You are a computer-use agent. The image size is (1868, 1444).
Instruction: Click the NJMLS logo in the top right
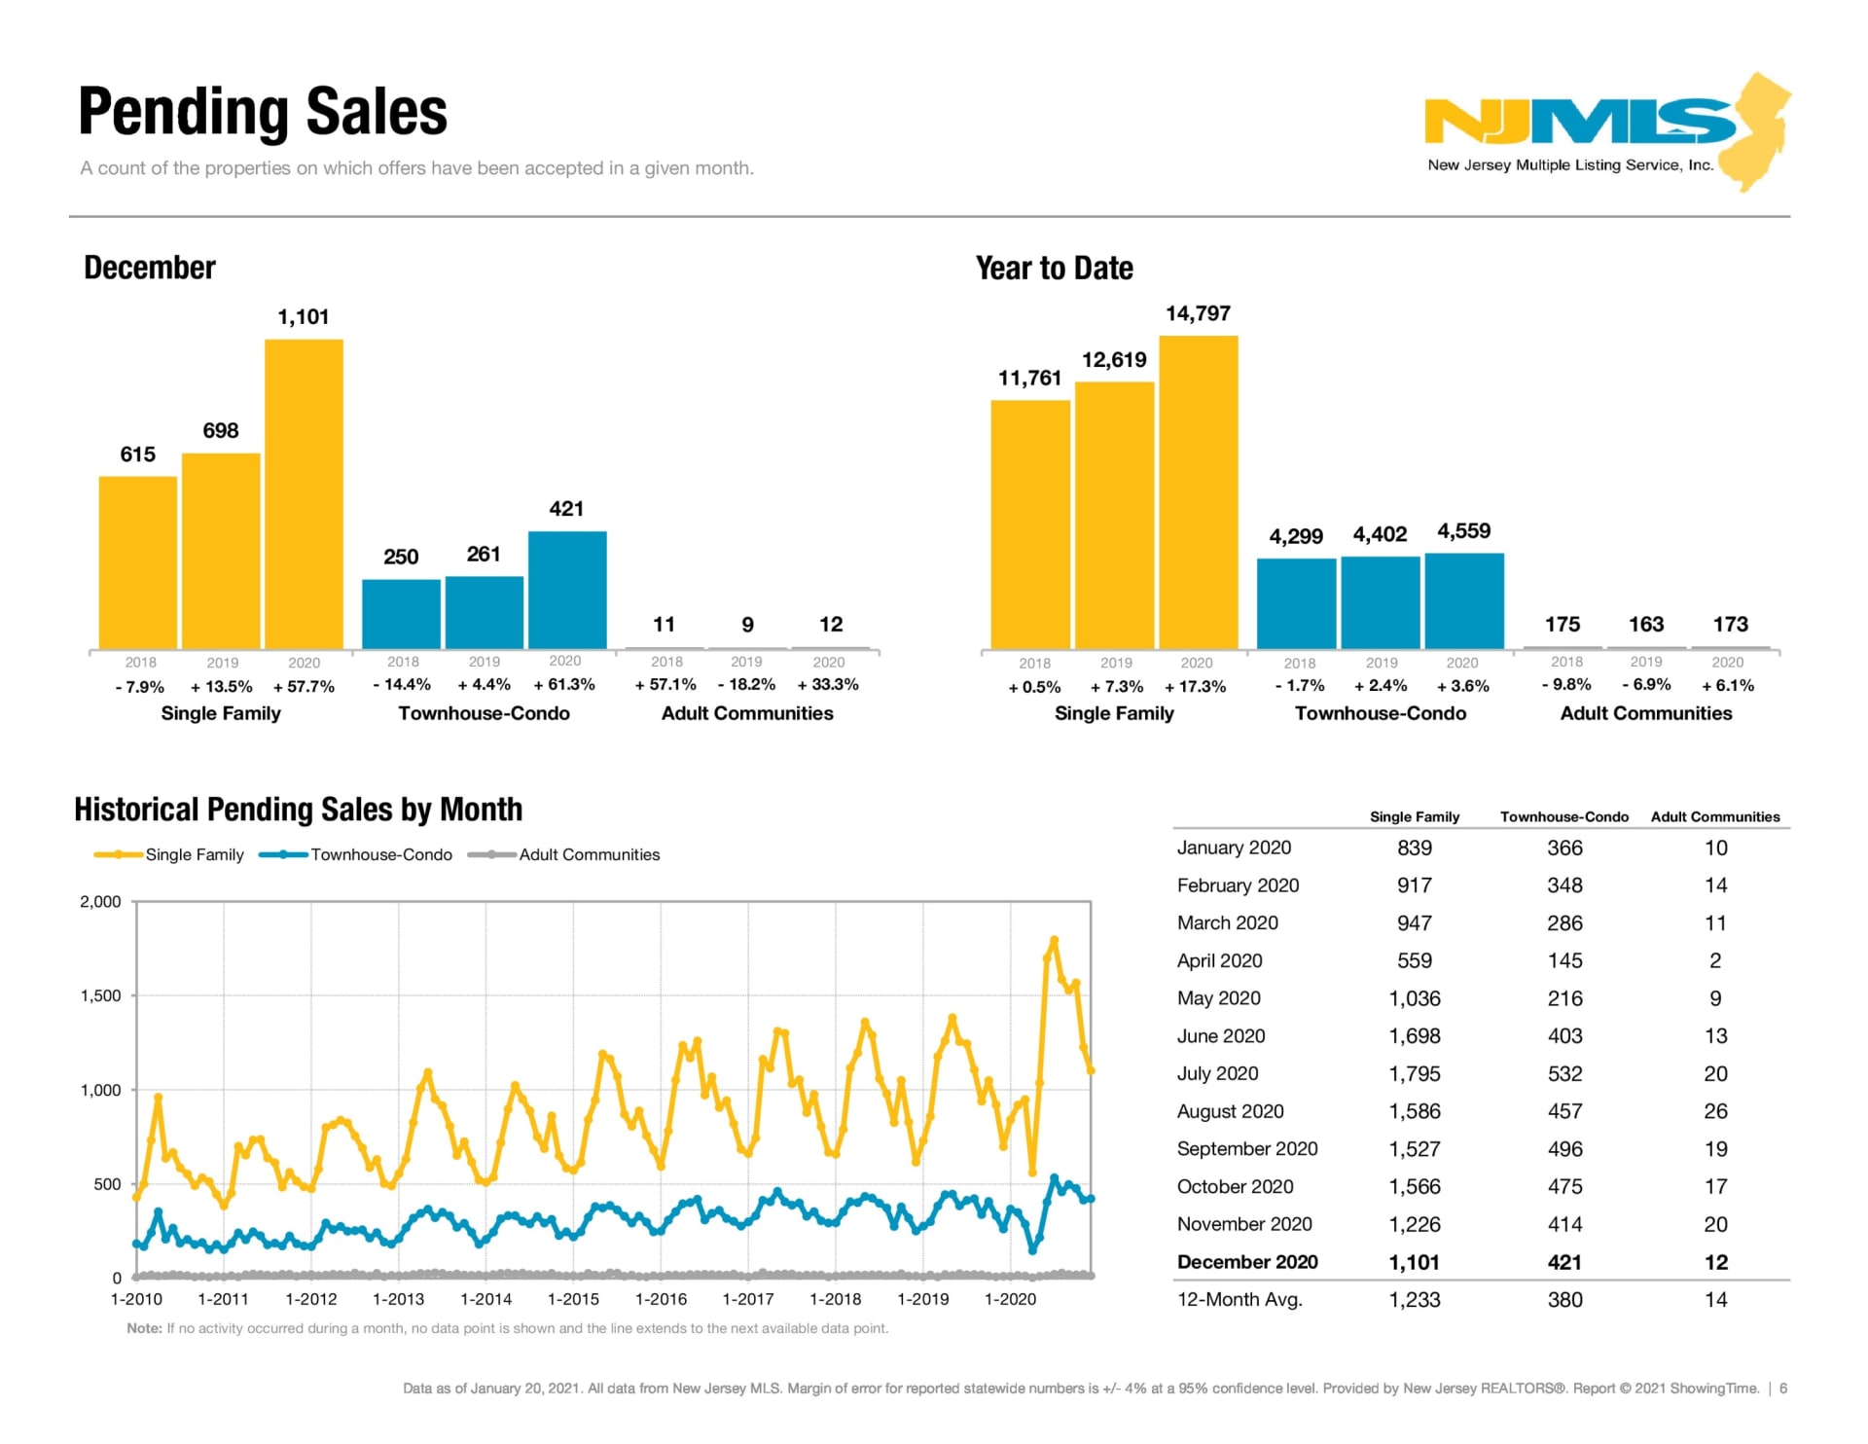[1605, 131]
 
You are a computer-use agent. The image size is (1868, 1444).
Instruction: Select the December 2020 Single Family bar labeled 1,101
[304, 493]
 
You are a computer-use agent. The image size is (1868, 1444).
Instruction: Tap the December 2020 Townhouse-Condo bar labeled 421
[567, 590]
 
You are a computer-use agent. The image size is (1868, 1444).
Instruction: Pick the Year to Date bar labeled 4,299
[1296, 603]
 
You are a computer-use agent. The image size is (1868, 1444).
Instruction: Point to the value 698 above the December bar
[221, 430]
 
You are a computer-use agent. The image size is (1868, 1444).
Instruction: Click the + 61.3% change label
[564, 685]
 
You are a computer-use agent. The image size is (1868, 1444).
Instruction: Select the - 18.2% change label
[746, 685]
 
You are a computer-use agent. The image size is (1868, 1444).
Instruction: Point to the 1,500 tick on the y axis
[100, 995]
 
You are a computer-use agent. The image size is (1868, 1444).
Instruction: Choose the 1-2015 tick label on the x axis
[573, 1299]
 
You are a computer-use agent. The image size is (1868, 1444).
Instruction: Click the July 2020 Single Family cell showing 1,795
[1414, 1073]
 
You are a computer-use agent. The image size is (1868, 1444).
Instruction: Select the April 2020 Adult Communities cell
[1715, 960]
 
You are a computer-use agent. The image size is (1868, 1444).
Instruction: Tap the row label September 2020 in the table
[1246, 1148]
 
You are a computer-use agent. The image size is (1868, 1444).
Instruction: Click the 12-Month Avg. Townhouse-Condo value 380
[1564, 1299]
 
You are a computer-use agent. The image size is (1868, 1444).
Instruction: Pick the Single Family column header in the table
[1414, 816]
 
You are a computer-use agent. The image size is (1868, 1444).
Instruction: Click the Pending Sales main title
[263, 112]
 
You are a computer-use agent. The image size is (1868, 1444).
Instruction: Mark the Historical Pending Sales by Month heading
[298, 810]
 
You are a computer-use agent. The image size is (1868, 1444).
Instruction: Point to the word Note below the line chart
[144, 1328]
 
